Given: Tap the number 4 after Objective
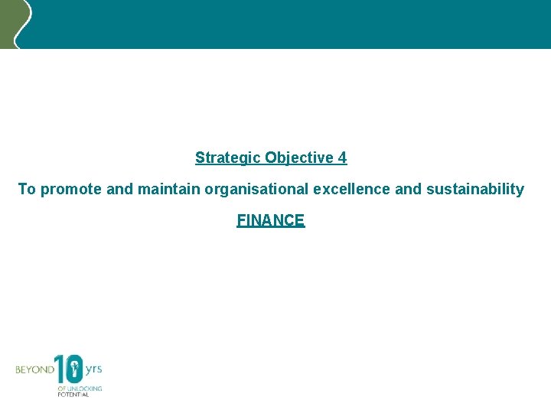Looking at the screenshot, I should point(342,158).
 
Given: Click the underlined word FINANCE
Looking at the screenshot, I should point(271,220).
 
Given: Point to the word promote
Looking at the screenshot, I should point(71,189).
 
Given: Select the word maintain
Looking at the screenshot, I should point(166,189).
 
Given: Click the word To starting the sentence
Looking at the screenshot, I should point(27,189).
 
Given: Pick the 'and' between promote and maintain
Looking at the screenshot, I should point(119,189).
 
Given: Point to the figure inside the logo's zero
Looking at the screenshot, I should point(74,371).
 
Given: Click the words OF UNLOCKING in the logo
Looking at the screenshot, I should point(80,388).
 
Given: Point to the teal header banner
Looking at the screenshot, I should point(291,23).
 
